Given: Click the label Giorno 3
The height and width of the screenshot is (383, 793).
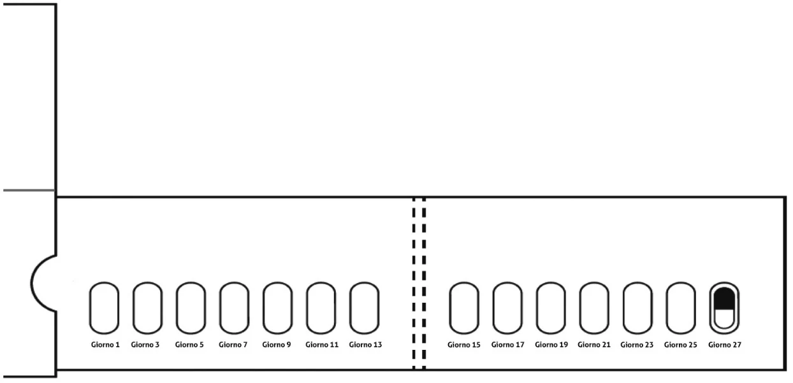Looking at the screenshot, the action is (145, 345).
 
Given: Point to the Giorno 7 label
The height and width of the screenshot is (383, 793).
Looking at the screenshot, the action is (233, 345).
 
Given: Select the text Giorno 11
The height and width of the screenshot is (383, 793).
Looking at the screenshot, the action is (322, 345).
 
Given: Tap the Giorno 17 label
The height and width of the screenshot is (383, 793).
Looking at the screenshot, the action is (507, 345).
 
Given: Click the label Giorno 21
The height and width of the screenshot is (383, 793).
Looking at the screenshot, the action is (594, 345).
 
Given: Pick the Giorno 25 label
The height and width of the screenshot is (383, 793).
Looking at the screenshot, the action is (680, 345).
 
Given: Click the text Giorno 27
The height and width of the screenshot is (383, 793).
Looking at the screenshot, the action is (725, 345).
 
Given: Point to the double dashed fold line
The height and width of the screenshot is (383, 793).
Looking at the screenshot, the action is (414, 283).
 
